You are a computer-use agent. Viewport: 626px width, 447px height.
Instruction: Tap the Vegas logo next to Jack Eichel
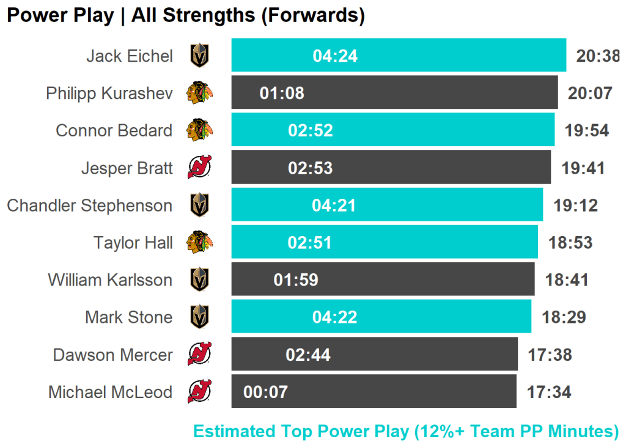(199, 56)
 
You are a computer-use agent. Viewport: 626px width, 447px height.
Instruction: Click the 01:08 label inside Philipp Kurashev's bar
(282, 94)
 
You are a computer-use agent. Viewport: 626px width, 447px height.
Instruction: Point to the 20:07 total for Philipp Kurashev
(589, 94)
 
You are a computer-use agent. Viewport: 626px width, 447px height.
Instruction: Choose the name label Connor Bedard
(114, 130)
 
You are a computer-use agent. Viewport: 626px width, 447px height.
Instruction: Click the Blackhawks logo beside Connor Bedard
(199, 130)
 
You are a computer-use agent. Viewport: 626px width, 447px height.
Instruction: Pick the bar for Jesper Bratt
(428, 168)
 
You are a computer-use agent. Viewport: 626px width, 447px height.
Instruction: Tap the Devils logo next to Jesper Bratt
(199, 168)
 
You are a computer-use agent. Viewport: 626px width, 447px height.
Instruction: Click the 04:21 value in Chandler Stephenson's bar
(334, 205)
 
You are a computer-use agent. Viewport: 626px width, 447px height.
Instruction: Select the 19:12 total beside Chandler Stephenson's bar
(575, 205)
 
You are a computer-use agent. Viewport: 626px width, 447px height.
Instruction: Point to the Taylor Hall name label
(133, 243)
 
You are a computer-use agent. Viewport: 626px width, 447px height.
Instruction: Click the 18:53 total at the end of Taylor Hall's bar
(570, 243)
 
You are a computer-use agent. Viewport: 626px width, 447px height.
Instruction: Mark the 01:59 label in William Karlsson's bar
(296, 280)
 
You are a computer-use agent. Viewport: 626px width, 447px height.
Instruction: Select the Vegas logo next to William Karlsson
(199, 280)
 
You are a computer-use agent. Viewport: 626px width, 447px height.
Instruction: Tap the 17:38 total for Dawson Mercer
(550, 355)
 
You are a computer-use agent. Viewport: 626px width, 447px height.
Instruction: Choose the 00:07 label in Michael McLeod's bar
(265, 392)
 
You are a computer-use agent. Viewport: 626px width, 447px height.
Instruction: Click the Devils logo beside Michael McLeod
(199, 392)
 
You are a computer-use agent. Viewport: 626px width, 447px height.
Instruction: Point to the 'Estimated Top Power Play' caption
(406, 431)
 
